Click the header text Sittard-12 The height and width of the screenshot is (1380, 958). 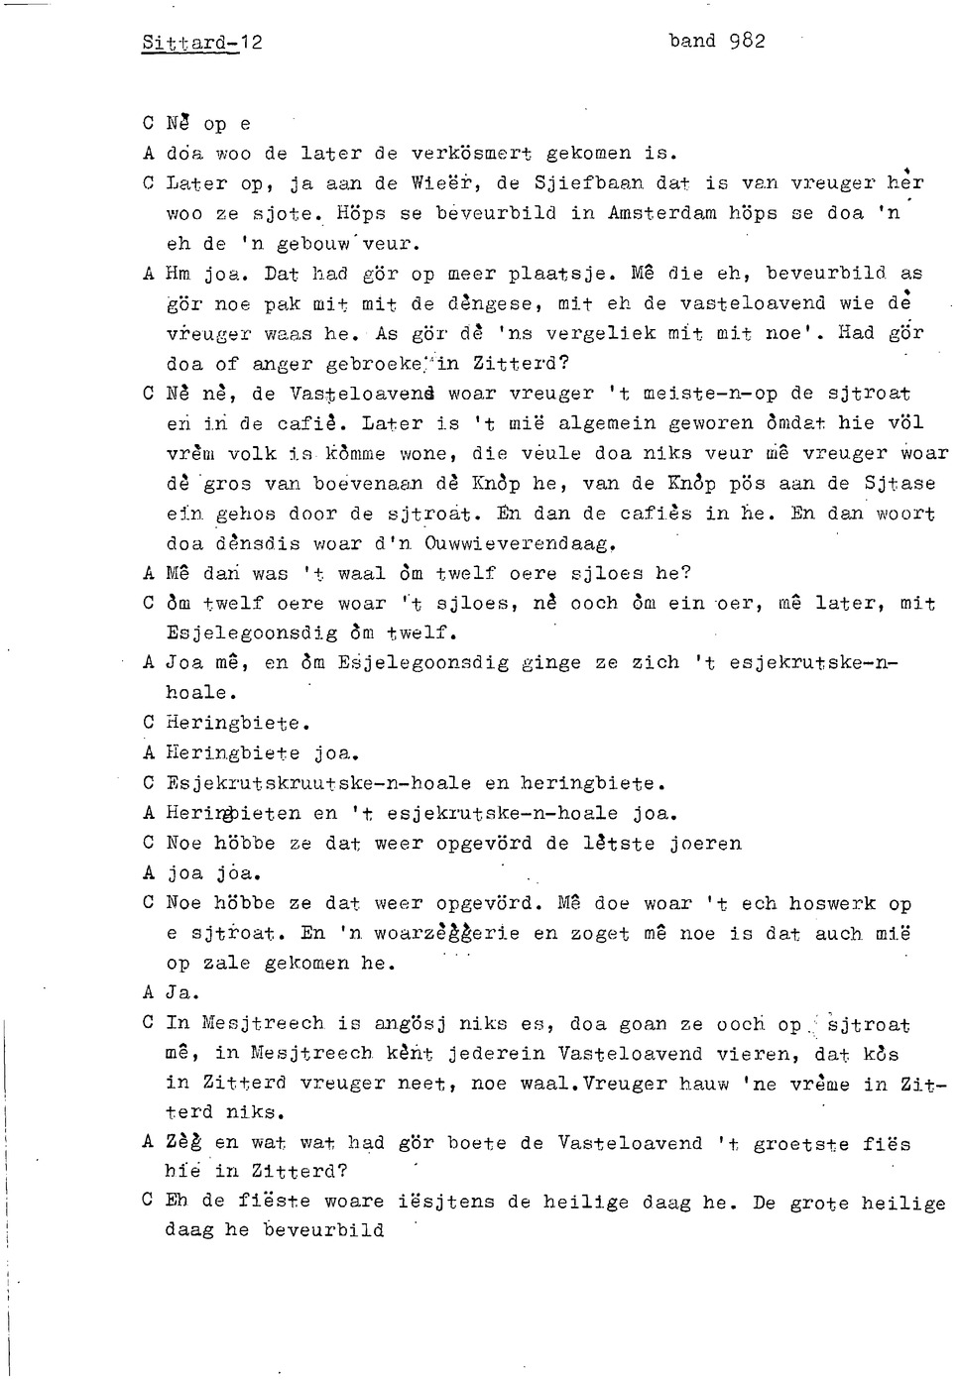tap(202, 43)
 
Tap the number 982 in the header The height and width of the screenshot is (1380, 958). tap(746, 41)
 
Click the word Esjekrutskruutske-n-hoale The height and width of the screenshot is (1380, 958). tap(318, 784)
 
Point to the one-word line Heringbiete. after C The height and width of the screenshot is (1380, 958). tap(238, 724)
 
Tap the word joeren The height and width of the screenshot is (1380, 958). tap(705, 844)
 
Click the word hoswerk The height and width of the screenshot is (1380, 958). tap(832, 903)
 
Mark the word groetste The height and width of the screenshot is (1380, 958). tap(800, 1143)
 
